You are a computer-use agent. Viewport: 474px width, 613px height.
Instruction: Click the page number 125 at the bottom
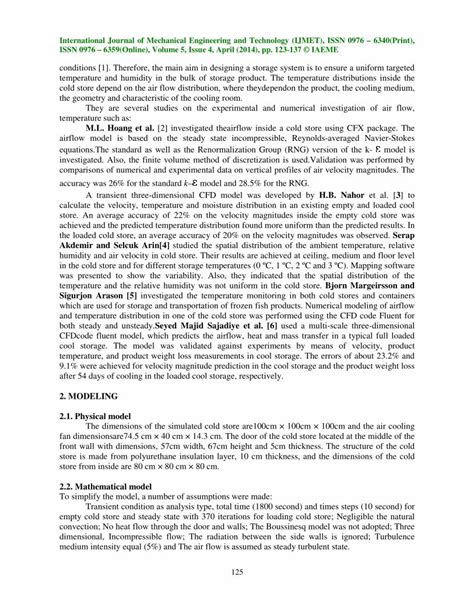(237, 571)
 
